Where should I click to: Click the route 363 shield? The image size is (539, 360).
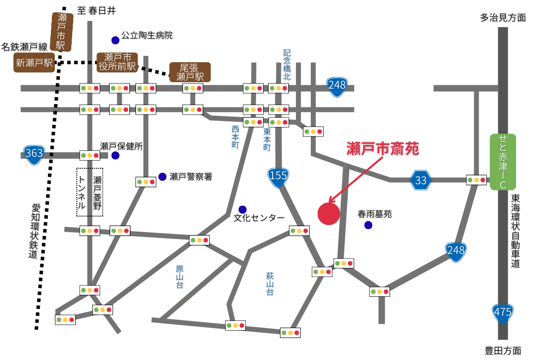[34, 153]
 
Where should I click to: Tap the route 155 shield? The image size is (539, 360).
[278, 176]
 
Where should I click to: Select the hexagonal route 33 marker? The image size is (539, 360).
[421, 180]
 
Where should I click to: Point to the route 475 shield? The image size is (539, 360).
[502, 312]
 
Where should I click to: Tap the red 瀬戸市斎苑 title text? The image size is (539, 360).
[383, 148]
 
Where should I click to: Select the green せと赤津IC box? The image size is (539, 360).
[503, 162]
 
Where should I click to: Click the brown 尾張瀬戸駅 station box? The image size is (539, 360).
[190, 72]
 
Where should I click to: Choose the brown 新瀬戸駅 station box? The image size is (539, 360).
[34, 63]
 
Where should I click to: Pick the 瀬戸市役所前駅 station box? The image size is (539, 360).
[117, 62]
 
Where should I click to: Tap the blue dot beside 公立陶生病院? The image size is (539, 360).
[115, 40]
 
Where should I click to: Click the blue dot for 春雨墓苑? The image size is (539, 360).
[368, 225]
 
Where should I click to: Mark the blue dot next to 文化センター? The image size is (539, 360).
[242, 209]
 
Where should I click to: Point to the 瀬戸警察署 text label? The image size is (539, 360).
[191, 177]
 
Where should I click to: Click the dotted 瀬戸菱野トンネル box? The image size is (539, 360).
[90, 192]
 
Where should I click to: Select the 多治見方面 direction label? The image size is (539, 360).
[503, 18]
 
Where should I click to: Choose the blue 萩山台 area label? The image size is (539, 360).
[270, 284]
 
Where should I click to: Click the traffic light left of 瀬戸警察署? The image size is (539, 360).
[146, 182]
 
